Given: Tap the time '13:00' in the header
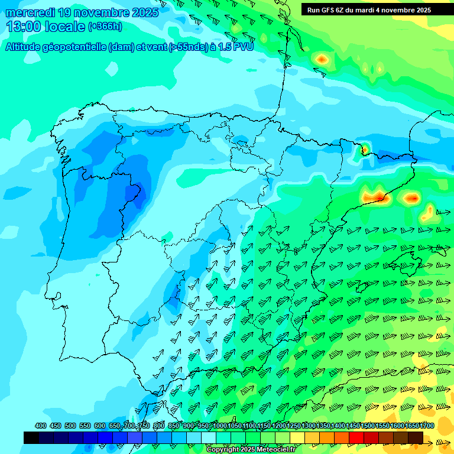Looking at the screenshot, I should pyautogui.click(x=24, y=27).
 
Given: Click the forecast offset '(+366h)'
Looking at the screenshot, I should pyautogui.click(x=106, y=27).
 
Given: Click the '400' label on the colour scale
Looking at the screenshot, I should pyautogui.click(x=41, y=426).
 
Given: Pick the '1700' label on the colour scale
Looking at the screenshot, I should pyautogui.click(x=427, y=426).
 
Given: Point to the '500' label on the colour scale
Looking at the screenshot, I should pyautogui.click(x=70, y=426).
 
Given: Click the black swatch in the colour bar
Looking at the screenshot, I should pyautogui.click(x=31, y=437).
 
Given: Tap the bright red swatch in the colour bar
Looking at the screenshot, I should pyautogui.click(x=356, y=437).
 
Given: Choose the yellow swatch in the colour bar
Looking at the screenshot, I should pyautogui.click(x=297, y=437).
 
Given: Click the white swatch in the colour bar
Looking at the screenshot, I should pyautogui.click(x=209, y=437).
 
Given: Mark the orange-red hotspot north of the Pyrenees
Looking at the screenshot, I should pyautogui.click(x=321, y=59).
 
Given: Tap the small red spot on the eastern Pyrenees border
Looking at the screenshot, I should pyautogui.click(x=365, y=148).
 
